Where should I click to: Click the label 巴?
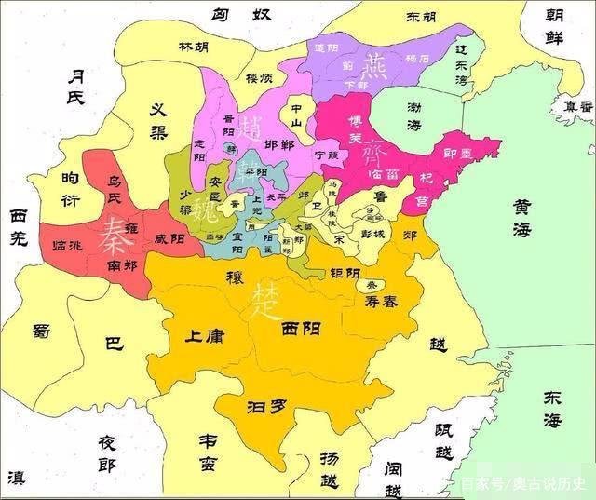click(x=113, y=344)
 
